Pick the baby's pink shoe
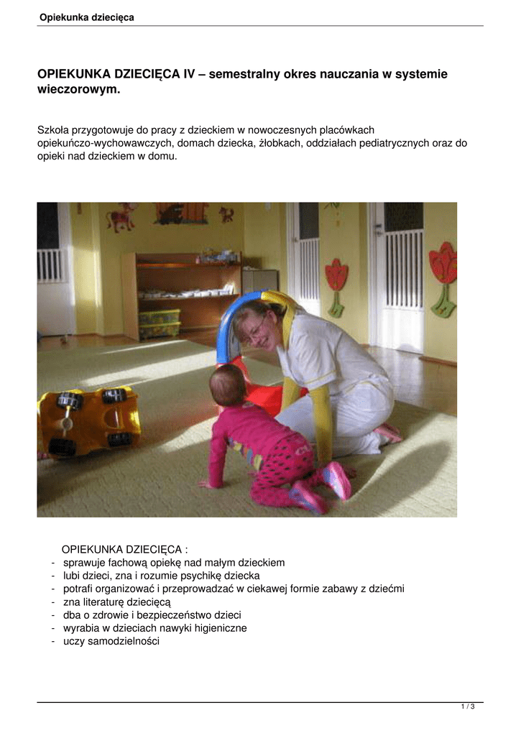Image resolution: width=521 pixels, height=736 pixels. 337,480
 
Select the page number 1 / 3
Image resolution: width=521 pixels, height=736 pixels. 468,707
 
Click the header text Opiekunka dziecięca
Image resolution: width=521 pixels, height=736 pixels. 86,17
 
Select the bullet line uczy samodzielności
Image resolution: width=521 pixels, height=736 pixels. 111,641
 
